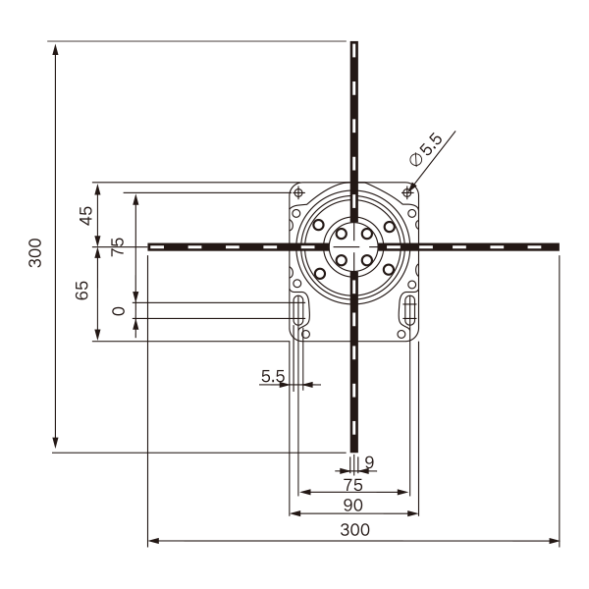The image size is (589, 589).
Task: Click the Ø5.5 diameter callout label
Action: [427, 149]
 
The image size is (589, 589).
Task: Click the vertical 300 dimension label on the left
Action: [35, 252]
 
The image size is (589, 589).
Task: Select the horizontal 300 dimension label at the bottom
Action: [355, 530]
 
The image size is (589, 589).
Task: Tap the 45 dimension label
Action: [86, 216]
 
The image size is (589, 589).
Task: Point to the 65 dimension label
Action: [82, 290]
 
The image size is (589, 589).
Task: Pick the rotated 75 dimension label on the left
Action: [118, 246]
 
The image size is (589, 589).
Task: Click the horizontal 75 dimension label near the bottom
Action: [353, 485]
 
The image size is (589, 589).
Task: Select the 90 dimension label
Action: [353, 506]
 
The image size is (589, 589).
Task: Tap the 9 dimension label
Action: [370, 462]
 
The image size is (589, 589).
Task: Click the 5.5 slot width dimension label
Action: [273, 376]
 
